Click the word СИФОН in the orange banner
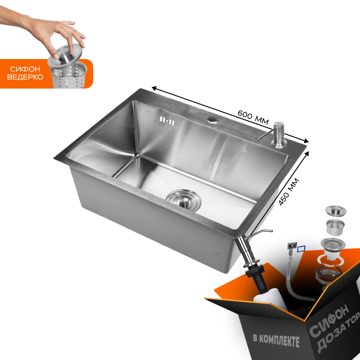click(25, 69)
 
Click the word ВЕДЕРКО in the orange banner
click(25, 77)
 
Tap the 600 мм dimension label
click(253, 117)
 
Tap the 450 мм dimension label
click(289, 192)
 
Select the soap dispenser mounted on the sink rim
click(275, 135)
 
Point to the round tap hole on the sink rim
click(213, 120)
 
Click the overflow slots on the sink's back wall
click(167, 121)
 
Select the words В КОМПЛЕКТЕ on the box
click(276, 340)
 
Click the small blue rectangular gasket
click(301, 249)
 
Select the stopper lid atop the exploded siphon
click(336, 210)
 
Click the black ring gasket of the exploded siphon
click(329, 273)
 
